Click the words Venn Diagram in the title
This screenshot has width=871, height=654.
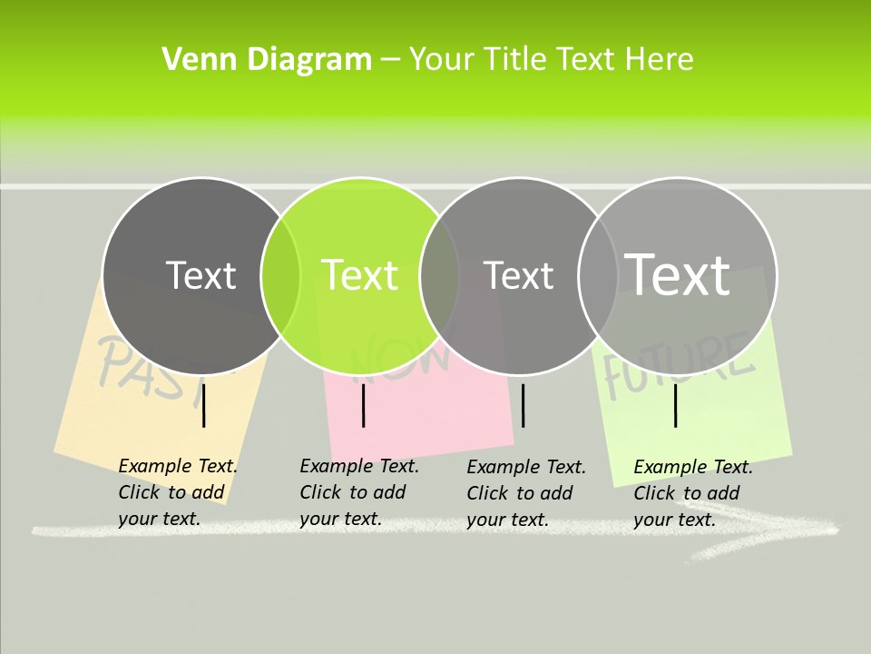tap(267, 60)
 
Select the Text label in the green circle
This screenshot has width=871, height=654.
tap(360, 275)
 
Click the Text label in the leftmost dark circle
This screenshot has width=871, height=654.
tap(201, 275)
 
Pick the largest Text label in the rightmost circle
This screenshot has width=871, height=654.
tap(677, 273)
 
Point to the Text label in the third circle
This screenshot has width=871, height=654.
tap(518, 275)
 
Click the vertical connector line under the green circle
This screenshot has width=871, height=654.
tap(363, 406)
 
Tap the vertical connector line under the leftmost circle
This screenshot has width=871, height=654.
tap(204, 406)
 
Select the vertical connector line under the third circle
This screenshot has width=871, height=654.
tap(523, 406)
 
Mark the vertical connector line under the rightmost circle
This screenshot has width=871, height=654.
tap(675, 406)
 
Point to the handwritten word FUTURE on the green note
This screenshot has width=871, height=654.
tap(680, 363)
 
